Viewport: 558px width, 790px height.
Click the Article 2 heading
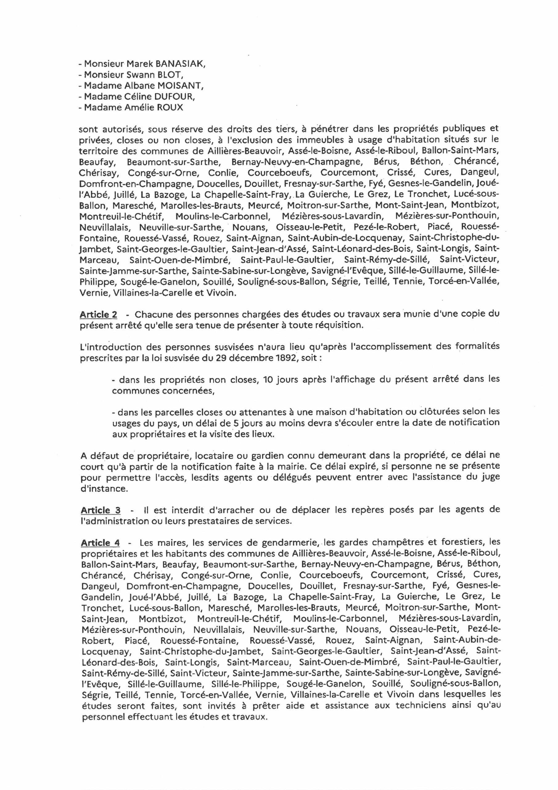click(x=98, y=314)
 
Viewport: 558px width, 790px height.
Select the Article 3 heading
click(x=101, y=510)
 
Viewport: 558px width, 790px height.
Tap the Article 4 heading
click(x=101, y=543)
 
